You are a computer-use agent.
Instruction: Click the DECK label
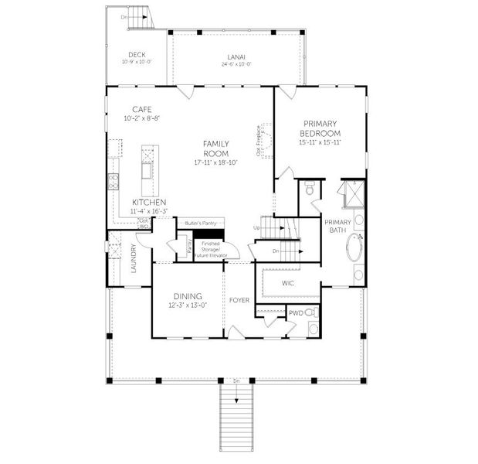pyautogui.click(x=137, y=55)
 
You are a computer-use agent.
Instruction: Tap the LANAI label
pyautogui.click(x=236, y=56)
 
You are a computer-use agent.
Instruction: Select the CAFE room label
pyautogui.click(x=141, y=109)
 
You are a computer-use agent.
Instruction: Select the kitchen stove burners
pyautogui.click(x=113, y=183)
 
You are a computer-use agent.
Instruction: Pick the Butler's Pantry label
pyautogui.click(x=198, y=223)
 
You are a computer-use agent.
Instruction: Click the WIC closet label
pyautogui.click(x=288, y=283)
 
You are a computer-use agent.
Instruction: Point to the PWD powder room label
pyautogui.click(x=296, y=312)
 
